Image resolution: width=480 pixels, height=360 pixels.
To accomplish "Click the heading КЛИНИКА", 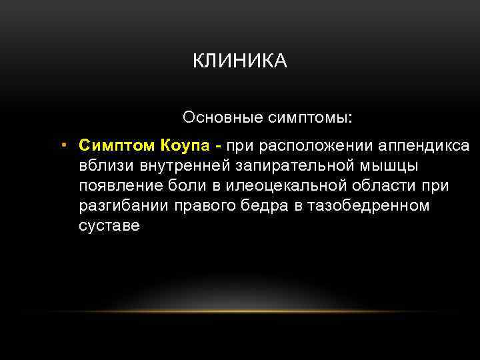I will (x=239, y=61).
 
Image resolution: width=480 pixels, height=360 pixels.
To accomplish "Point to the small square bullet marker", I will (x=62, y=145).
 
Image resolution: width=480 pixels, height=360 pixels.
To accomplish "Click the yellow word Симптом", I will (x=115, y=145).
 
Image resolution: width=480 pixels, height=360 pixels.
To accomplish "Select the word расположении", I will (x=315, y=145).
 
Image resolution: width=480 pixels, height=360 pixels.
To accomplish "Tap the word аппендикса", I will (x=423, y=145).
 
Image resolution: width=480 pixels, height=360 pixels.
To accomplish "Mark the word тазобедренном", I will (x=365, y=205).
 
